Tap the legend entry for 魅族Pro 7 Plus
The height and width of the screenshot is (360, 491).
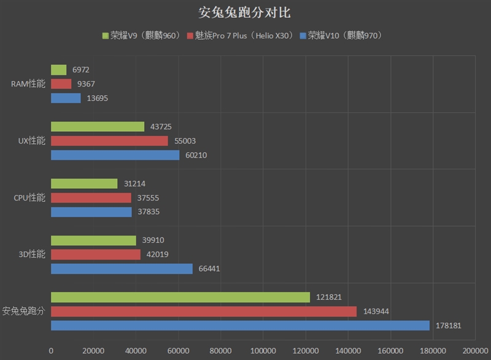(x=242, y=36)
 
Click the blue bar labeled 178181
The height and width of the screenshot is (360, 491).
(x=240, y=325)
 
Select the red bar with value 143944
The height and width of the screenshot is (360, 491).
(x=204, y=312)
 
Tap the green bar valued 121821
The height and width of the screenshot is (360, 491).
(x=180, y=297)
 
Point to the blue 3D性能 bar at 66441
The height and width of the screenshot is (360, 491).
(x=122, y=269)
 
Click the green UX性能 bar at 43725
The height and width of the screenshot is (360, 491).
(x=98, y=126)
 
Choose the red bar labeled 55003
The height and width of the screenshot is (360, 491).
(x=109, y=140)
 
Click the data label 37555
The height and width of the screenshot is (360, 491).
(x=148, y=197)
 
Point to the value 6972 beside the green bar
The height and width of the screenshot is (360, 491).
(x=80, y=70)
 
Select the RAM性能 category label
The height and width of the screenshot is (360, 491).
(x=28, y=84)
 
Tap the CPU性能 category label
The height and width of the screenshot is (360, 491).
(x=29, y=197)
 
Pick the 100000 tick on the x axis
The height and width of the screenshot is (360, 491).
(x=263, y=351)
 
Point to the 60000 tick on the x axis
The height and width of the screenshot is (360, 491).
(x=178, y=351)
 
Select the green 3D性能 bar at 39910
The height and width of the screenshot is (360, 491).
(x=93, y=240)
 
